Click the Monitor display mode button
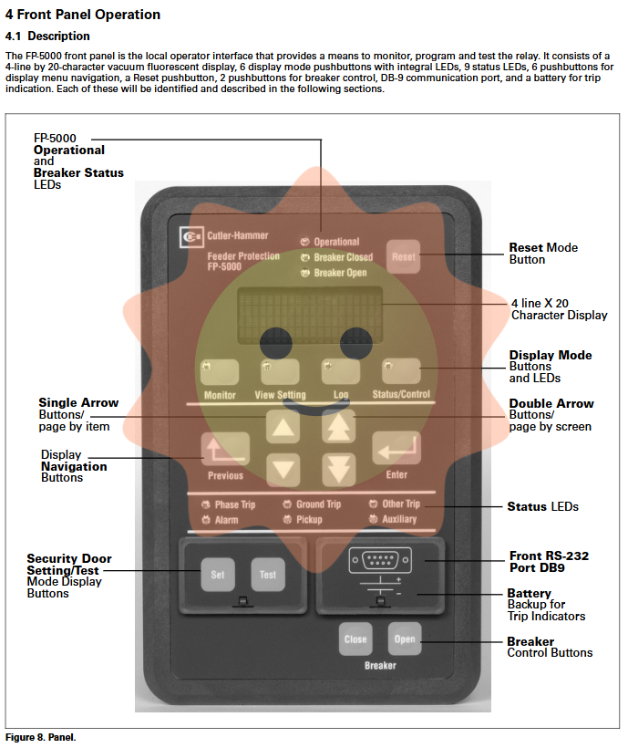[x=220, y=371]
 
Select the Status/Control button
[x=401, y=370]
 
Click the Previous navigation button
[x=224, y=448]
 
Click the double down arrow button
[x=338, y=468]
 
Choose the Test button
[x=268, y=575]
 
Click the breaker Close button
[x=355, y=639]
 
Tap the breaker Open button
[x=405, y=638]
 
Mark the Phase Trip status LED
[x=206, y=504]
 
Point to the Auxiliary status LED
[x=374, y=519]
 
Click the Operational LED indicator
[x=305, y=242]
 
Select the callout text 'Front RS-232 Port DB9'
[x=549, y=561]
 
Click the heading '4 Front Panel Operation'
[x=83, y=15]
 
